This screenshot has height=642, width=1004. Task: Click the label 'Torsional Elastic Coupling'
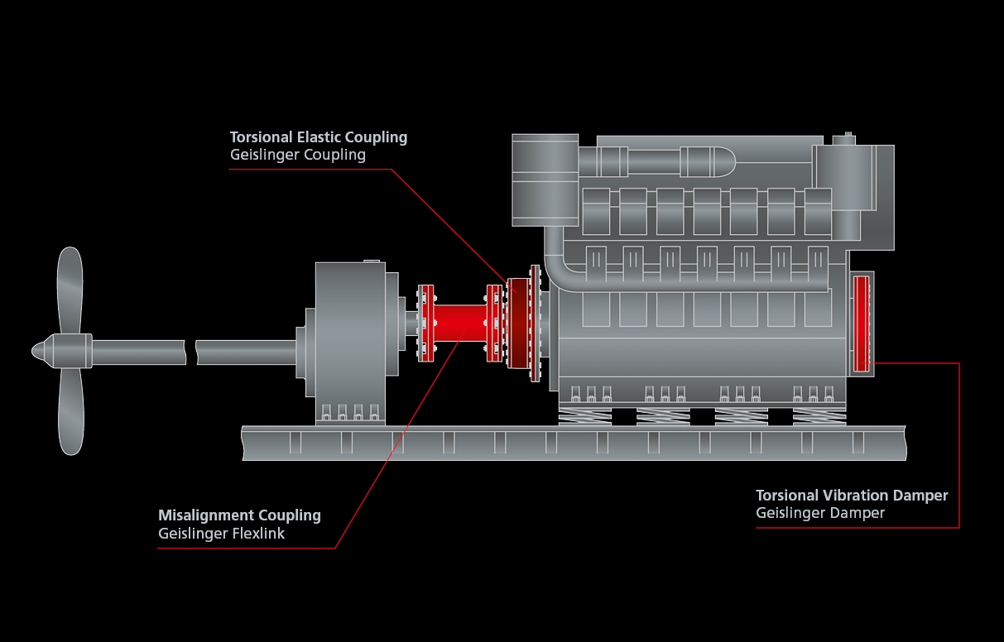pos(319,137)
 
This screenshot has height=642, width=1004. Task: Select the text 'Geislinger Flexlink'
pos(221,534)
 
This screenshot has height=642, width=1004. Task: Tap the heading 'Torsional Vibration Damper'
pos(852,496)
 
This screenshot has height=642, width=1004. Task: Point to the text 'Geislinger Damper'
pos(819,513)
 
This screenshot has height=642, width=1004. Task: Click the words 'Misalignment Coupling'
pos(239,515)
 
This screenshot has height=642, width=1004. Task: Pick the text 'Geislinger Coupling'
pos(297,155)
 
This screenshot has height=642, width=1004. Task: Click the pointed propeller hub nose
pos(38,351)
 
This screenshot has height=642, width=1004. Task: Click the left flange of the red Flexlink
pos(426,323)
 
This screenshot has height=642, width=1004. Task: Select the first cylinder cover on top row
pos(596,211)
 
